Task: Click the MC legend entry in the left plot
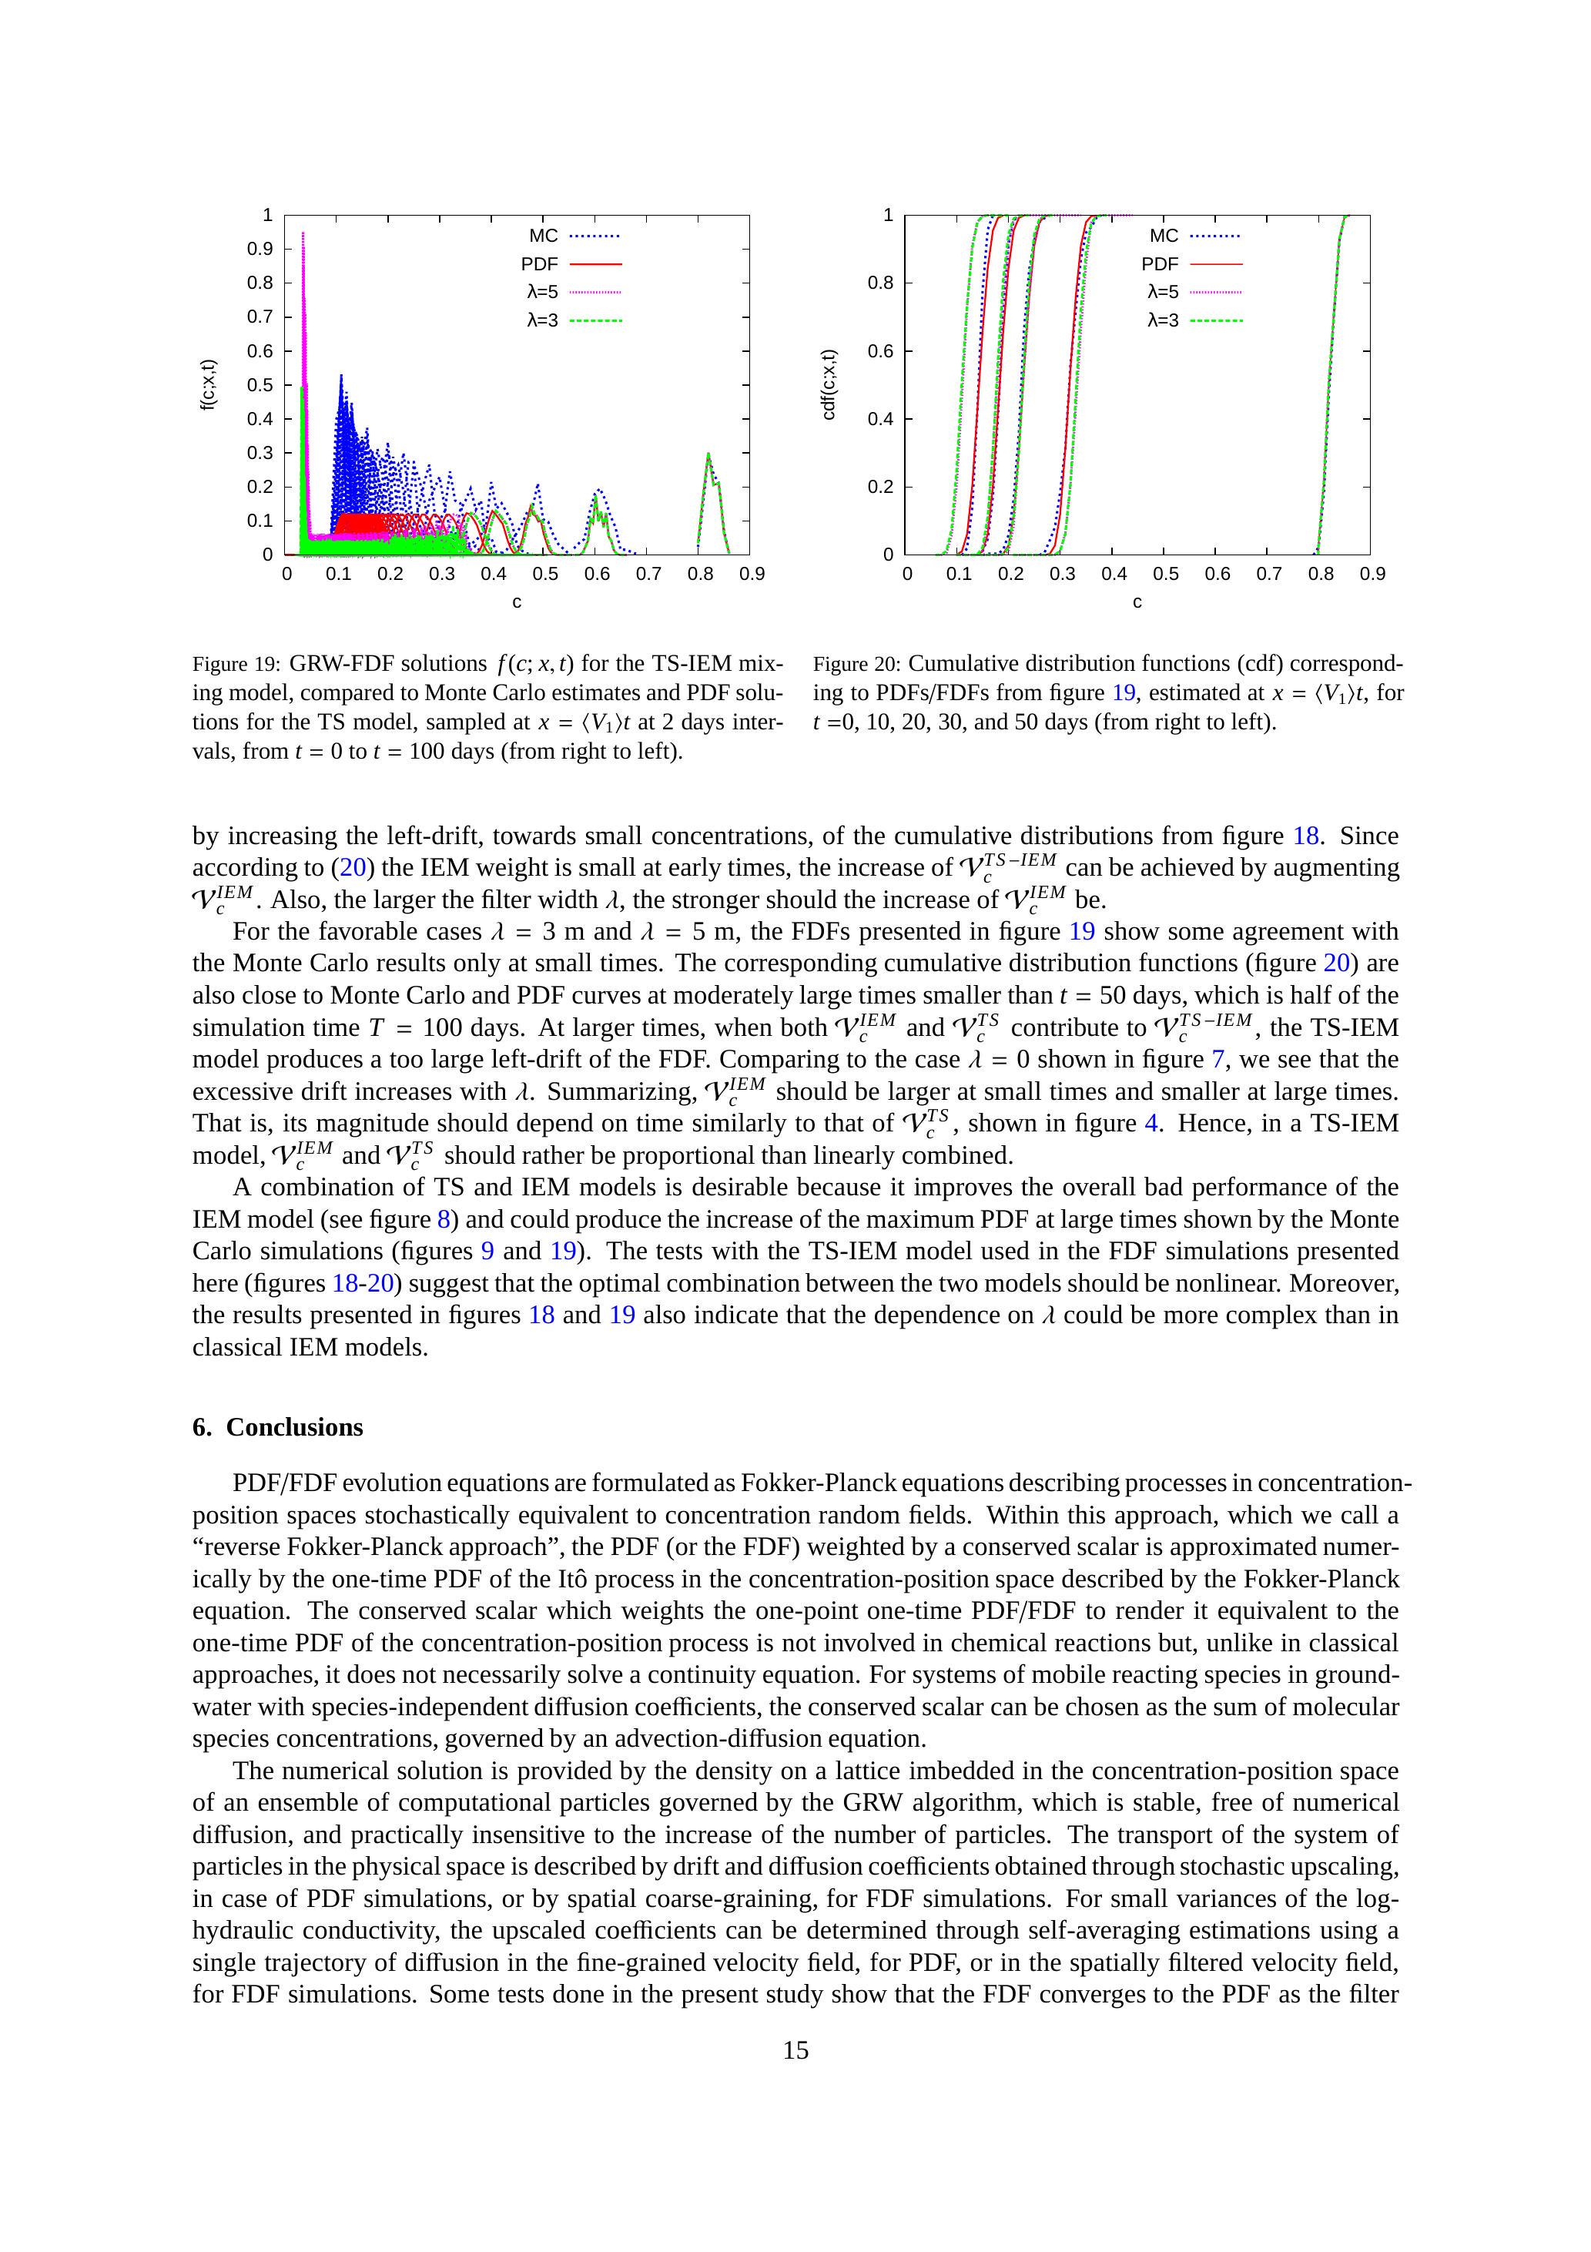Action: pyautogui.click(x=574, y=236)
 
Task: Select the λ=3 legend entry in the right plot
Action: pyautogui.click(x=1194, y=320)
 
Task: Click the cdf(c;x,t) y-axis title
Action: pyautogui.click(x=829, y=384)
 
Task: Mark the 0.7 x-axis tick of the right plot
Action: pyautogui.click(x=1268, y=574)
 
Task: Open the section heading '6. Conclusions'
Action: pyautogui.click(x=277, y=1427)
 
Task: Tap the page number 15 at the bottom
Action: pyautogui.click(x=795, y=2050)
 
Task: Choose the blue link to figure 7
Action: pyautogui.click(x=1218, y=1059)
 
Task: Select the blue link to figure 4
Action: pyautogui.click(x=1151, y=1123)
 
